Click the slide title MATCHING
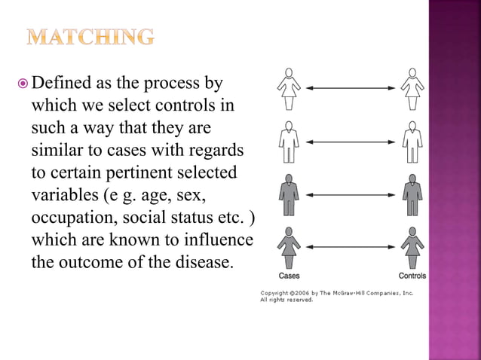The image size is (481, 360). coord(90,36)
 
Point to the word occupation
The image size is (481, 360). coord(70,218)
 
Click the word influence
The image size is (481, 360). coord(218,241)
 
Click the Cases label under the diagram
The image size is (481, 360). coord(289,276)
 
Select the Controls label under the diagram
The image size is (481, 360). coord(412,276)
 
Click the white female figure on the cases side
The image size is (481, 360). coord(288,89)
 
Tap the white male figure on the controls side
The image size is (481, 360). coord(412,142)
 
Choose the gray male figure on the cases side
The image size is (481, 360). coord(288,195)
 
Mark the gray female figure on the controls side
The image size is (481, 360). coord(412,246)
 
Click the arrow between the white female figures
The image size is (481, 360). coord(350,89)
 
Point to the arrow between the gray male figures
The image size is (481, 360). coord(350,195)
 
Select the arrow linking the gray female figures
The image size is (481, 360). coord(350,246)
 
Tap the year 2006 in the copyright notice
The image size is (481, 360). coord(298,292)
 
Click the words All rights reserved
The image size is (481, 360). coord(286,300)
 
